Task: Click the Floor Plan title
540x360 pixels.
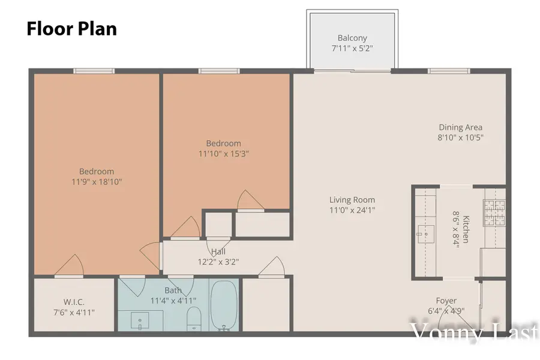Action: [71, 29]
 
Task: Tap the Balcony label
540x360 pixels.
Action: [352, 38]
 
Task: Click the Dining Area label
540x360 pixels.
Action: [461, 127]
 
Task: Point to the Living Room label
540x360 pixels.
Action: [352, 200]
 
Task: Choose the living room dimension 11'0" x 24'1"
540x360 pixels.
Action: [352, 210]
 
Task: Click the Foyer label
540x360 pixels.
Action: [446, 301]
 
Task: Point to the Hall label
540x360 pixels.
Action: [218, 251]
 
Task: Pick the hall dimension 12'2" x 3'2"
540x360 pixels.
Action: [218, 262]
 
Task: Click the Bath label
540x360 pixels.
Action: [173, 290]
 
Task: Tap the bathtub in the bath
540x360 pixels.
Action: [224, 305]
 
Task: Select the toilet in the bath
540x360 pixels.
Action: [194, 318]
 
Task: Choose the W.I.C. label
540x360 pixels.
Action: [73, 302]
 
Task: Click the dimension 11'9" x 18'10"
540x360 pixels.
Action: [97, 181]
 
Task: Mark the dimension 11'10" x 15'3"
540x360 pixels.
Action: [224, 153]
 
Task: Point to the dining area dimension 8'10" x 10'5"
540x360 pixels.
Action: [461, 137]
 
